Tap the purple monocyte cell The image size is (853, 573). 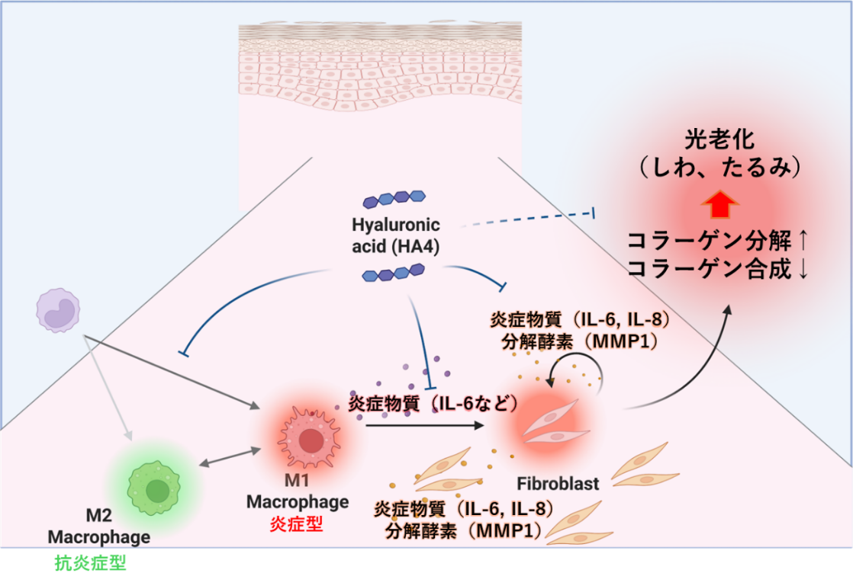point(59,309)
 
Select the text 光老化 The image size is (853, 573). point(720,142)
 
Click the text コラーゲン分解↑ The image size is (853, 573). point(717,242)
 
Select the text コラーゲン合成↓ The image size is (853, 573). point(717,270)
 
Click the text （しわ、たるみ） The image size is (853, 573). point(720,169)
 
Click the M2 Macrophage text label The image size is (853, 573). point(99,527)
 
